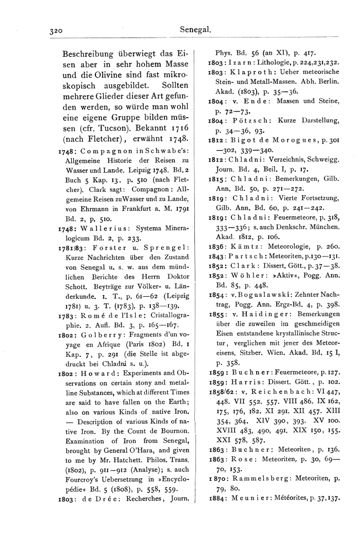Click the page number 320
[58, 31]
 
